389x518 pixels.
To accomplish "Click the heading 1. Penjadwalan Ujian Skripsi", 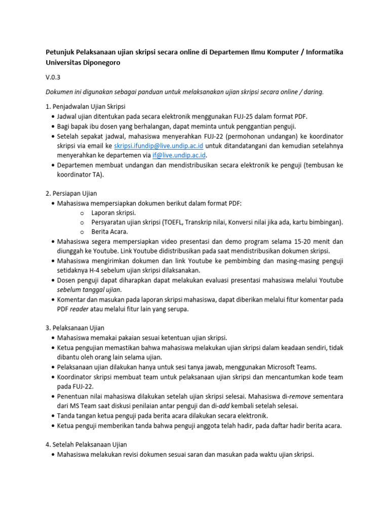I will pos(86,106).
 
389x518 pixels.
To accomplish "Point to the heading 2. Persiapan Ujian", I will pos(71,193).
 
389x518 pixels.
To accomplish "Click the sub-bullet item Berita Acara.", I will pos(109,232).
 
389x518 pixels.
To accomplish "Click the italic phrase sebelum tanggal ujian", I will pos(89,289).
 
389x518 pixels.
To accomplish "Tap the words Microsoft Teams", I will pos(293,367).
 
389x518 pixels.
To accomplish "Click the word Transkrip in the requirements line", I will pos(203,222).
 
